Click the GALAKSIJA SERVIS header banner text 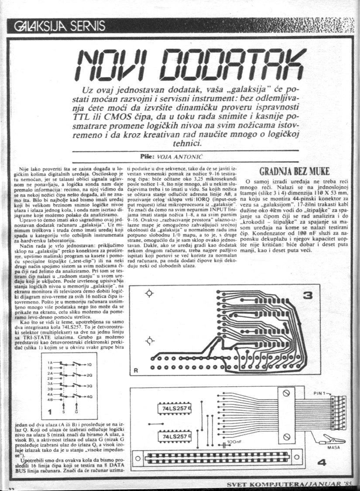[60, 26]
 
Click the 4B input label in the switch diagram [50, 399]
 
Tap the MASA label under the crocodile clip [333, 447]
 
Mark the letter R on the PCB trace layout [136, 371]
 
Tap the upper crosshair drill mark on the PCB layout [149, 294]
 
